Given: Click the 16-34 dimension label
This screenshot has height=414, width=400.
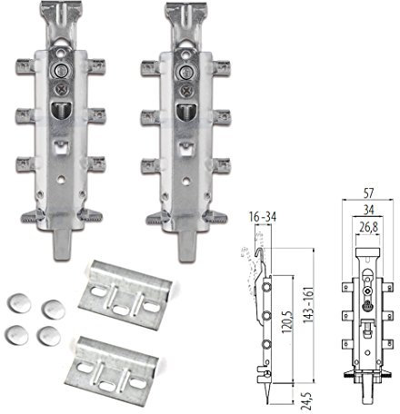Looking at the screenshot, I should pos(264,216).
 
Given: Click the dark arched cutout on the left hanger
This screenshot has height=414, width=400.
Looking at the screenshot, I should pos(61,111).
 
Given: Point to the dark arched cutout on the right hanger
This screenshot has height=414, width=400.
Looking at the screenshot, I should pos(188,111).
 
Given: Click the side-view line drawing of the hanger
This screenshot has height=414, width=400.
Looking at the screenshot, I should pos(265,309).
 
